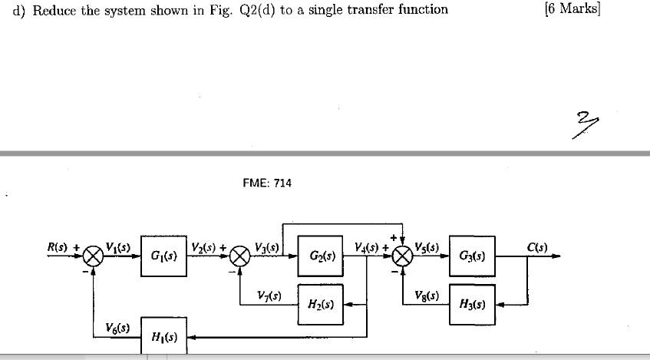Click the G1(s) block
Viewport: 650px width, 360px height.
(x=163, y=255)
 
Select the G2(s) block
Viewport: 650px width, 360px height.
(x=321, y=254)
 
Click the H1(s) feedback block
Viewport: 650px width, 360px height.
(x=163, y=337)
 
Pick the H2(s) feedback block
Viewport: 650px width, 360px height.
(x=321, y=303)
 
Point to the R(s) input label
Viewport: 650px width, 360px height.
(x=58, y=246)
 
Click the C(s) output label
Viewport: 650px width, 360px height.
(x=538, y=246)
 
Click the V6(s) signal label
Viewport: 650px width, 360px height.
(x=117, y=328)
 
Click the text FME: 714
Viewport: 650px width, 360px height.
(x=266, y=183)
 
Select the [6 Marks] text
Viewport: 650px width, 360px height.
(x=572, y=9)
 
